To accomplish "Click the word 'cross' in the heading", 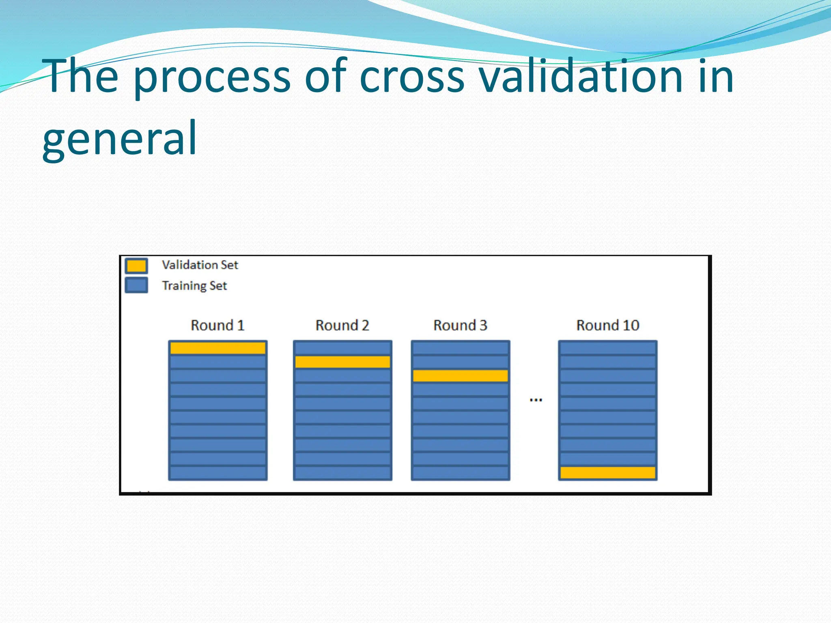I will pos(412,77).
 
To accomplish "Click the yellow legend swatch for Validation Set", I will pos(136,266).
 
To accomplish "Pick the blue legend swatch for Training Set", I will pos(136,285).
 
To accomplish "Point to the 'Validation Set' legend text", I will pos(200,265).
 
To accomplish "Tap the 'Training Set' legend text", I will pos(194,286).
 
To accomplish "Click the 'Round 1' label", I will pos(217,325).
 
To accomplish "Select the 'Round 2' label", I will pos(342,325).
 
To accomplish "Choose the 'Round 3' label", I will pos(460,325).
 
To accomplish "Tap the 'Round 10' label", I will pos(607,325).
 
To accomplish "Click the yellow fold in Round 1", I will pos(218,348).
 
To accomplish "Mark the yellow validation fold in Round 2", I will pos(342,362).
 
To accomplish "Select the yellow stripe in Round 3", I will pos(461,376).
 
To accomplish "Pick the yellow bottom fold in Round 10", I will pos(607,473).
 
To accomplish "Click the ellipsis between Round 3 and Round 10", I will pos(536,400).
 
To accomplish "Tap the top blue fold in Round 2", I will pos(342,348).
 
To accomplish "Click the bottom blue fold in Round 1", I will pos(218,473).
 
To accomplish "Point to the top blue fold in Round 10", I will pos(607,348).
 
